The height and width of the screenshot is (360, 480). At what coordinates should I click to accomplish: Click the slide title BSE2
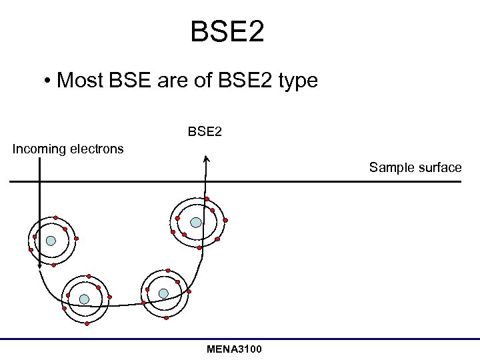click(227, 32)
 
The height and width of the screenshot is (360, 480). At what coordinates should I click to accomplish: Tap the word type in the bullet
click(297, 81)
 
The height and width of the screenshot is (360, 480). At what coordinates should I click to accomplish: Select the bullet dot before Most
click(49, 82)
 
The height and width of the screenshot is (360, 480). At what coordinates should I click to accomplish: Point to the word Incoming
click(39, 149)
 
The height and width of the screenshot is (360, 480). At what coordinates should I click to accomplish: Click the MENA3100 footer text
click(234, 349)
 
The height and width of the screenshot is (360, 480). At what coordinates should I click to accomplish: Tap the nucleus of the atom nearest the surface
click(196, 223)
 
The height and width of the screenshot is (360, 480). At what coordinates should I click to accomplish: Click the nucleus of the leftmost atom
click(51, 241)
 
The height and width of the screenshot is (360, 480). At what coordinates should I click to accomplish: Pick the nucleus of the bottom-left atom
click(84, 299)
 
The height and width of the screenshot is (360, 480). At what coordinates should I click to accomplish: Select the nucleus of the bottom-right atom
click(163, 293)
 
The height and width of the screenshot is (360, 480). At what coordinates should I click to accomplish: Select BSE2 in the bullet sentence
click(244, 81)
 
